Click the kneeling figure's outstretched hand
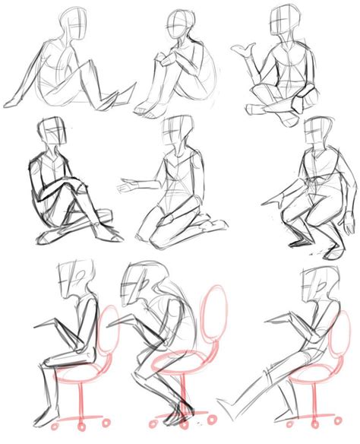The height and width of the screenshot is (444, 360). tap(126, 185)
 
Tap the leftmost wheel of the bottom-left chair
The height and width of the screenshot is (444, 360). tap(63, 423)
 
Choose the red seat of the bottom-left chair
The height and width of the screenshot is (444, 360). tap(82, 373)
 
